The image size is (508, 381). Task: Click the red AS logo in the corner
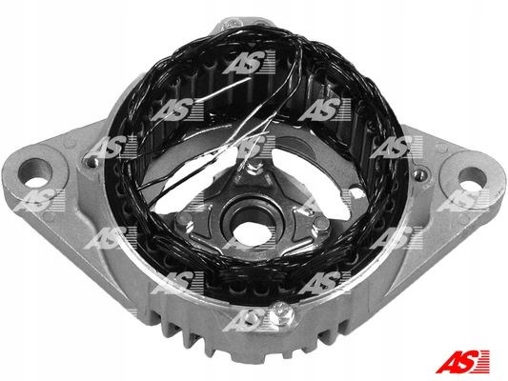click(x=462, y=362)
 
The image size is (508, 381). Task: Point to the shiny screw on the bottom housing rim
click(x=282, y=312)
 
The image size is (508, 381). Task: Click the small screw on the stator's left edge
click(x=93, y=162)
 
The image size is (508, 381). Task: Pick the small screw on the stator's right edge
click(x=420, y=175)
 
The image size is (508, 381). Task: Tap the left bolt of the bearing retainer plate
click(x=184, y=222)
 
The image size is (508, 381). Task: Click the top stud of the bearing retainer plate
click(x=254, y=169)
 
